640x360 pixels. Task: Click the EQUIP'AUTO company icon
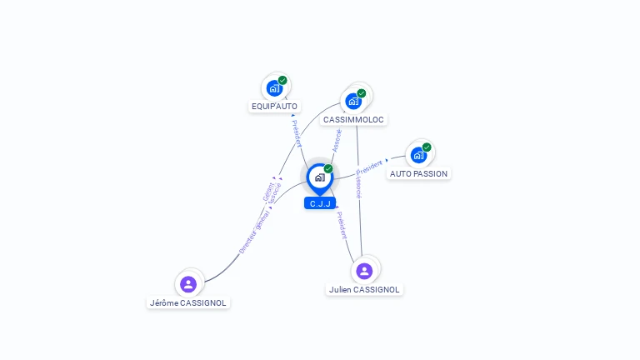pyautogui.click(x=274, y=87)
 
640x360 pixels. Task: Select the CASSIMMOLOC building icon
pyautogui.click(x=353, y=101)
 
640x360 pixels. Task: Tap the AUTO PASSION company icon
pyautogui.click(x=418, y=154)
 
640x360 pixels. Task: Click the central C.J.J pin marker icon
pyautogui.click(x=319, y=177)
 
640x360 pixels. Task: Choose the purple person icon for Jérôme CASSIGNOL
pyautogui.click(x=188, y=284)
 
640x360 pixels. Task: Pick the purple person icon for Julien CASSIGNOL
pyautogui.click(x=364, y=271)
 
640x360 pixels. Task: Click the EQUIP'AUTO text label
pyautogui.click(x=274, y=107)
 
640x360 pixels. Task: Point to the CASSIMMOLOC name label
pyautogui.click(x=353, y=120)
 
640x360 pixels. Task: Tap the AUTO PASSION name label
pyautogui.click(x=418, y=174)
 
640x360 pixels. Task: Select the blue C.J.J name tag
pyautogui.click(x=320, y=203)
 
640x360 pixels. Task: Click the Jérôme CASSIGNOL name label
pyautogui.click(x=188, y=303)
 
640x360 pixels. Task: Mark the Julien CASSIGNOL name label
pyautogui.click(x=364, y=290)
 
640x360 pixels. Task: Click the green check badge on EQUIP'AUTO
pyautogui.click(x=282, y=80)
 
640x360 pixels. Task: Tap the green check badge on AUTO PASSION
pyautogui.click(x=427, y=147)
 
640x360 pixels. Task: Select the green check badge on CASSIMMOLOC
pyautogui.click(x=362, y=93)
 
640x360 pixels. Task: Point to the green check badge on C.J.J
pyautogui.click(x=328, y=168)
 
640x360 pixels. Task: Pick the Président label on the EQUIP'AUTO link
pyautogui.click(x=296, y=133)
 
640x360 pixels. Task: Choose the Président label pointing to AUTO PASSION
pyautogui.click(x=369, y=166)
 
